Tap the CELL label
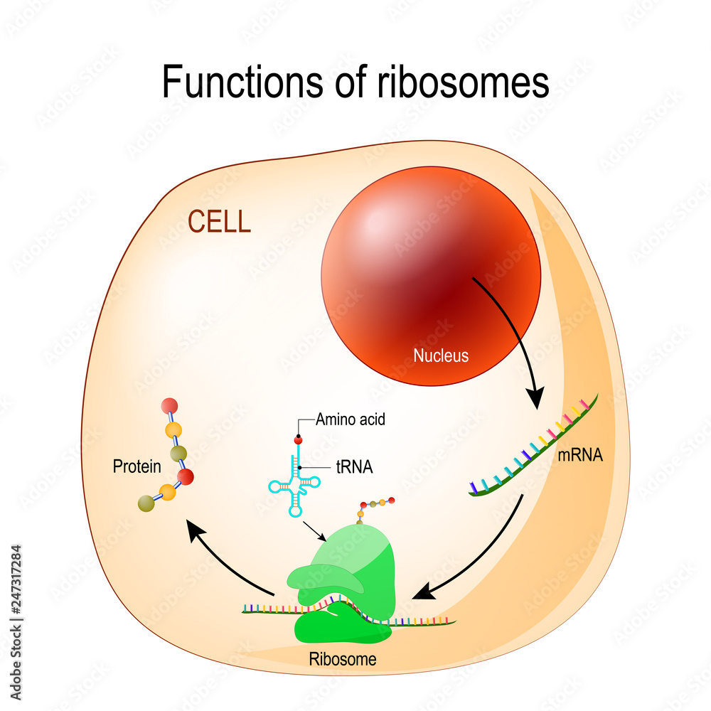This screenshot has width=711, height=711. pyautogui.click(x=219, y=222)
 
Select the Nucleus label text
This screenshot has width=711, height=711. pyautogui.click(x=441, y=355)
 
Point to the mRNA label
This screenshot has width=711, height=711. pyautogui.click(x=580, y=456)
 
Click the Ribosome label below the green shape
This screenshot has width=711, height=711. pyautogui.click(x=343, y=659)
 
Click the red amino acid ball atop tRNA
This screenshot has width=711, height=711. pyautogui.click(x=298, y=442)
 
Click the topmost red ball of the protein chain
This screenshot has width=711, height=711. pyautogui.click(x=169, y=407)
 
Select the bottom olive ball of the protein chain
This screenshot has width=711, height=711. pyautogui.click(x=146, y=503)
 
